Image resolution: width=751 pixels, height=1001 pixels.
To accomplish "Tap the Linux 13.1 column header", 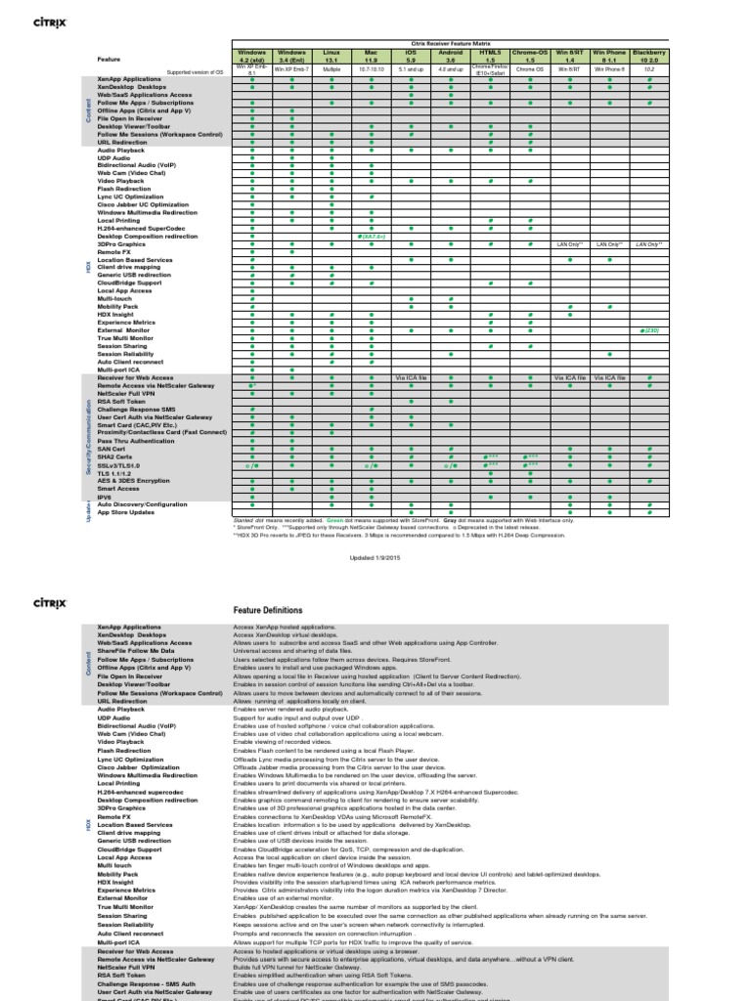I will pos(331,55).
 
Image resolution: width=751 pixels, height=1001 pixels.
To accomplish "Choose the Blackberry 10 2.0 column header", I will pos(649,55).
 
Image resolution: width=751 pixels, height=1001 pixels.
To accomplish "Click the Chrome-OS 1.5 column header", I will pos(530,55).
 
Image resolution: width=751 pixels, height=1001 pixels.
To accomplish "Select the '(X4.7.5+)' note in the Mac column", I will pos(371,236).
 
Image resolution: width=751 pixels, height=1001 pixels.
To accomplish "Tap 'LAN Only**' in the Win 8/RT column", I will pos(569,242).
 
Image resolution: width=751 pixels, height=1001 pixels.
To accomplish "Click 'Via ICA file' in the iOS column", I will pos(410,376).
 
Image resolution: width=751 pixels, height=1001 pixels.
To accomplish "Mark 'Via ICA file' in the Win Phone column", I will pos(609,376).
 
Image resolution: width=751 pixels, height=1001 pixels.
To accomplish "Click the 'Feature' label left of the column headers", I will pos(109,59).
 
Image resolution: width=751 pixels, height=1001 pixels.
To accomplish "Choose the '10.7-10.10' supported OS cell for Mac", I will pos(371,70).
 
